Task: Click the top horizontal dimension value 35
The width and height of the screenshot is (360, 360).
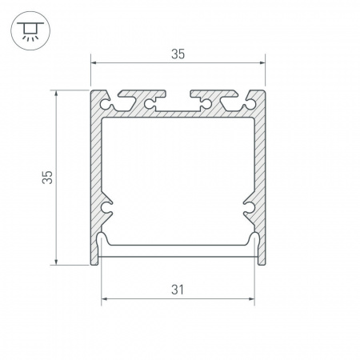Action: tap(178, 54)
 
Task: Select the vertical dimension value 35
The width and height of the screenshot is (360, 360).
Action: tap(47, 178)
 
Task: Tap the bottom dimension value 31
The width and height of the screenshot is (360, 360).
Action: tap(178, 290)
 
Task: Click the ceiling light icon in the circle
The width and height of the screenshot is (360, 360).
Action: tap(30, 31)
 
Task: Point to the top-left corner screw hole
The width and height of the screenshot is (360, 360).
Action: tap(105, 104)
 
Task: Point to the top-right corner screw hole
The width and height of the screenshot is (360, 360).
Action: tap(250, 104)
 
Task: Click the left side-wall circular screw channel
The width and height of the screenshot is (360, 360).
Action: tap(106, 207)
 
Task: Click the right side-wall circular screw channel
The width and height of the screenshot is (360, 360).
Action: tap(249, 207)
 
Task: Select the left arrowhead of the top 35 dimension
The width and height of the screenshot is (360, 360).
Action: tap(94, 63)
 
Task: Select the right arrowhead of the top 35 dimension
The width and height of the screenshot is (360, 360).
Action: tap(262, 63)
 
